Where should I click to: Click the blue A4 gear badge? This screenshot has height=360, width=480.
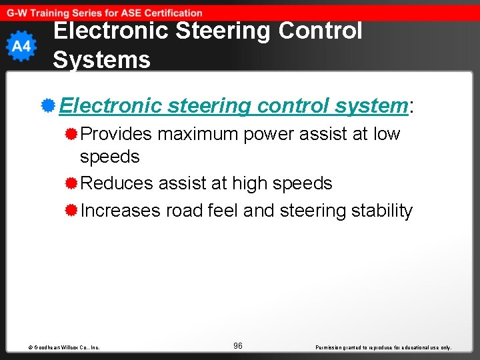(x=21, y=46)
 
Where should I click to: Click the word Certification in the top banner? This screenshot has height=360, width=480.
(x=169, y=13)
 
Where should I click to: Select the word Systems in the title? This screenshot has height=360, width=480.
(x=101, y=60)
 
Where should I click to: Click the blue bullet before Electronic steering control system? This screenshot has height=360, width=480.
(x=47, y=105)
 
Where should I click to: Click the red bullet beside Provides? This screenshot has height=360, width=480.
(x=71, y=134)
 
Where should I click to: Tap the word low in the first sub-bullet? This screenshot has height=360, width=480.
(x=387, y=134)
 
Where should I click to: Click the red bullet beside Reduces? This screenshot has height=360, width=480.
(x=71, y=183)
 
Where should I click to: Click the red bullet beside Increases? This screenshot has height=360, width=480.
(x=71, y=211)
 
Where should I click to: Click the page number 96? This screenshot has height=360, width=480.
(x=238, y=346)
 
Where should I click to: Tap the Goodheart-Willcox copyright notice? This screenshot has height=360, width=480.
(x=64, y=347)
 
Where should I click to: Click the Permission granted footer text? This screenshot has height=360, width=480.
(x=383, y=347)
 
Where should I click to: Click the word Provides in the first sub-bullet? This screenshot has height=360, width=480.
(x=116, y=134)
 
